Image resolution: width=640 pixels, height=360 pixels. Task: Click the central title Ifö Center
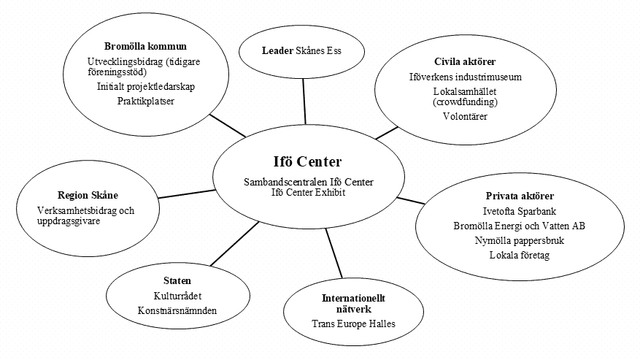click(302, 161)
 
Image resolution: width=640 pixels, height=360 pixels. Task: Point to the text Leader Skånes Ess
click(302, 51)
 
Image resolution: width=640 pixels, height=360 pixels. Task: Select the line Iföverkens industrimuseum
click(465, 77)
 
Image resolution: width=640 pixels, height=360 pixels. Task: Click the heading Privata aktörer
click(520, 196)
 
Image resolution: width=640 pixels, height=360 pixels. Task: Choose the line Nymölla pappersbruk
click(520, 240)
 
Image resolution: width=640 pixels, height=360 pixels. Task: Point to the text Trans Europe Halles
click(353, 323)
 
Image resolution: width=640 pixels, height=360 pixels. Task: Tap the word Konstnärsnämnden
click(177, 310)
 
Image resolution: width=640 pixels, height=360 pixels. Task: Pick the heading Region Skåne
click(88, 195)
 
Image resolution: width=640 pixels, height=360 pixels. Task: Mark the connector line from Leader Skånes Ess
click(304, 101)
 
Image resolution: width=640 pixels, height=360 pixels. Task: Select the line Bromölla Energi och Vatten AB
click(520, 225)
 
